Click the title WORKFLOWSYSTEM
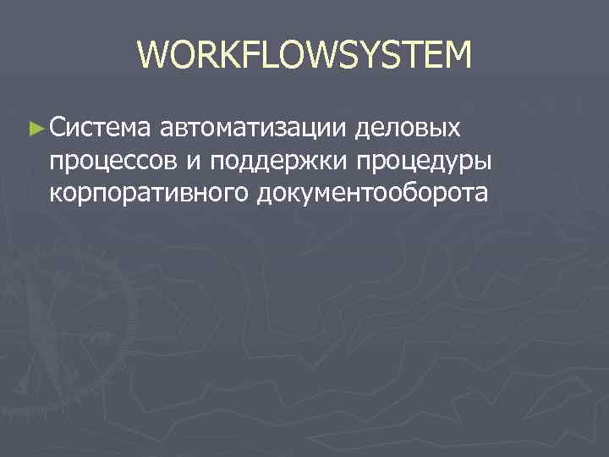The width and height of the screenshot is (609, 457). point(304,56)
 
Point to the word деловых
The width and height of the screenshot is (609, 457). point(409,129)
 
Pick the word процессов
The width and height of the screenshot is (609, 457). point(110,162)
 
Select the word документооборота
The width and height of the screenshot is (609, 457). point(368,192)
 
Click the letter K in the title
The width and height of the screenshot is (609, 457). point(233,56)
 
